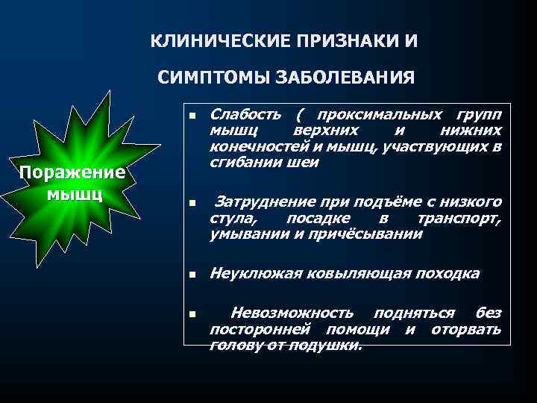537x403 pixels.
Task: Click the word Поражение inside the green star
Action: [x=72, y=172]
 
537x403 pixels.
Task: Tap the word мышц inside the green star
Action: [x=72, y=194]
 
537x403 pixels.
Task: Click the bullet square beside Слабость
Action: [x=192, y=116]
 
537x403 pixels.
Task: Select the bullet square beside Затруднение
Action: [x=192, y=203]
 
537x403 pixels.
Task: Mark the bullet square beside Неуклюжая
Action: [x=192, y=275]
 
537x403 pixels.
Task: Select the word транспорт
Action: [x=459, y=218]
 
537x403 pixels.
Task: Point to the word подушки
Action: [x=328, y=345]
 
